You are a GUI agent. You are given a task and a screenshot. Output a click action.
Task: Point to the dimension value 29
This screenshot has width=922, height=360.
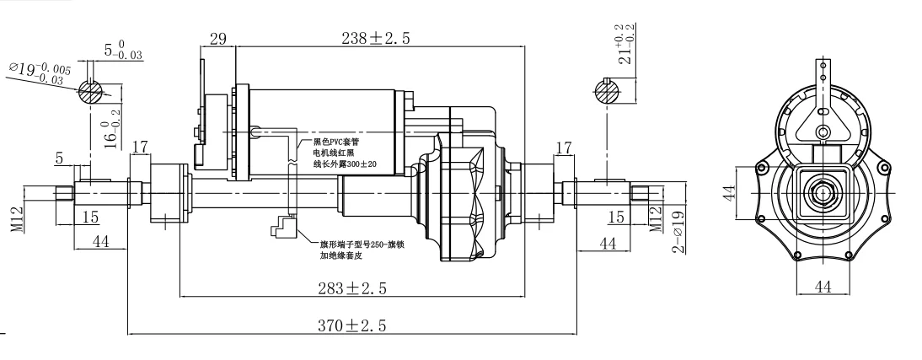[217, 39]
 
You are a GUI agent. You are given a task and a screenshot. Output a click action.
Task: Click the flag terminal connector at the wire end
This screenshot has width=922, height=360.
[281, 227]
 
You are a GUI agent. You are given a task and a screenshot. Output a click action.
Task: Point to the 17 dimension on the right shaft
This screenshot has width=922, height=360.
[565, 149]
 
